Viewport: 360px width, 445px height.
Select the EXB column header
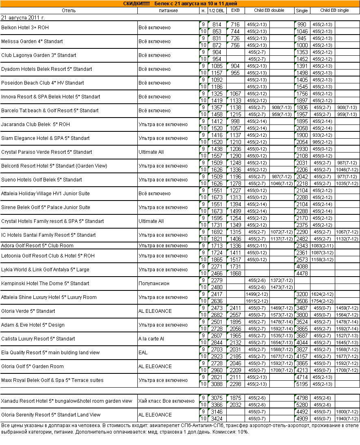(235, 11)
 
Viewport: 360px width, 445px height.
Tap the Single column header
(302, 11)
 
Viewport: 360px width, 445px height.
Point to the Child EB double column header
(269, 10)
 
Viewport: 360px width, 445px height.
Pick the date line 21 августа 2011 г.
(23, 18)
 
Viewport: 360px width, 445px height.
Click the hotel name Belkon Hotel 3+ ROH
(25, 28)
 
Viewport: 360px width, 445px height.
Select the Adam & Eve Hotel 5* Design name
(33, 325)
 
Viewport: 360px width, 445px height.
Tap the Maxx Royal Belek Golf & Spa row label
(52, 380)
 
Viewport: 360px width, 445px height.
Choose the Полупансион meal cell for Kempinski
(154, 284)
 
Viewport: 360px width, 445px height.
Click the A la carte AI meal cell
(152, 339)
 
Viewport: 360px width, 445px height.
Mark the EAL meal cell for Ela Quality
(143, 353)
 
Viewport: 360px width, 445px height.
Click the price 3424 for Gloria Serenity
(217, 418)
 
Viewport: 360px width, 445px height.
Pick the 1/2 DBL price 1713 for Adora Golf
(217, 246)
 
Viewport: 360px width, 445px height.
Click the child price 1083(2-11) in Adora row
(322, 246)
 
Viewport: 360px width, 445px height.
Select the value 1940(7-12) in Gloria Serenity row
(347, 418)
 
